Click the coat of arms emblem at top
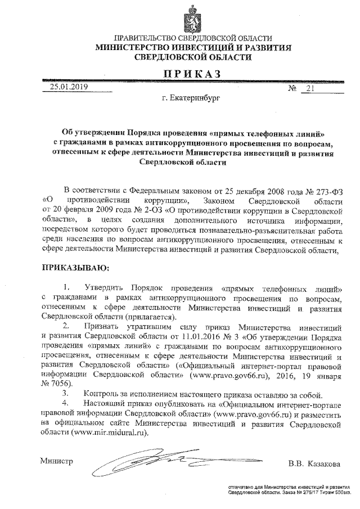186,17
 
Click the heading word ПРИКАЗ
187,73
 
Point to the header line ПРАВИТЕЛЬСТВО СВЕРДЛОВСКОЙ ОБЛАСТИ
186,38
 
